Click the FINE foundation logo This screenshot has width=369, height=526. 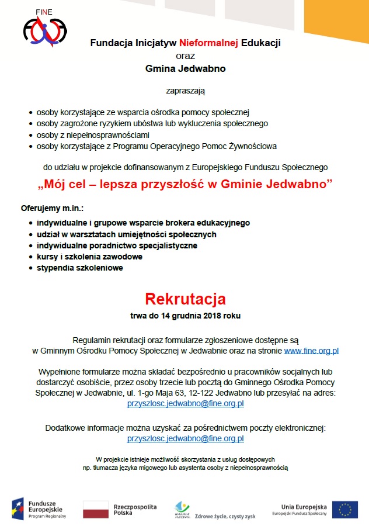(x=44, y=31)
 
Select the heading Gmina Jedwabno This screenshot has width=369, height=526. (x=185, y=68)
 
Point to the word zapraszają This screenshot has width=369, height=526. (x=185, y=91)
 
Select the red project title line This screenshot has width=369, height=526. (x=185, y=185)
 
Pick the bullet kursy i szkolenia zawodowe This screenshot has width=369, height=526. (x=89, y=257)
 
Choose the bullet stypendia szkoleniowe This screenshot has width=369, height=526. (x=79, y=268)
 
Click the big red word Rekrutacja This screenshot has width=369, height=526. (x=185, y=299)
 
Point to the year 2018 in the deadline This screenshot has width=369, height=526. (x=212, y=316)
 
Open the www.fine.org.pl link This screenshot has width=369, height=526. (x=311, y=351)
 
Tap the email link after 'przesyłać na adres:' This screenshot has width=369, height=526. (x=185, y=403)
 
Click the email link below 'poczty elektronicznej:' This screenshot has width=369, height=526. (x=185, y=438)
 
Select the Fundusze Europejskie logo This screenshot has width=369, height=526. (x=38, y=508)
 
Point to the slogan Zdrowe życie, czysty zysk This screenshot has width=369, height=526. (x=234, y=516)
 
